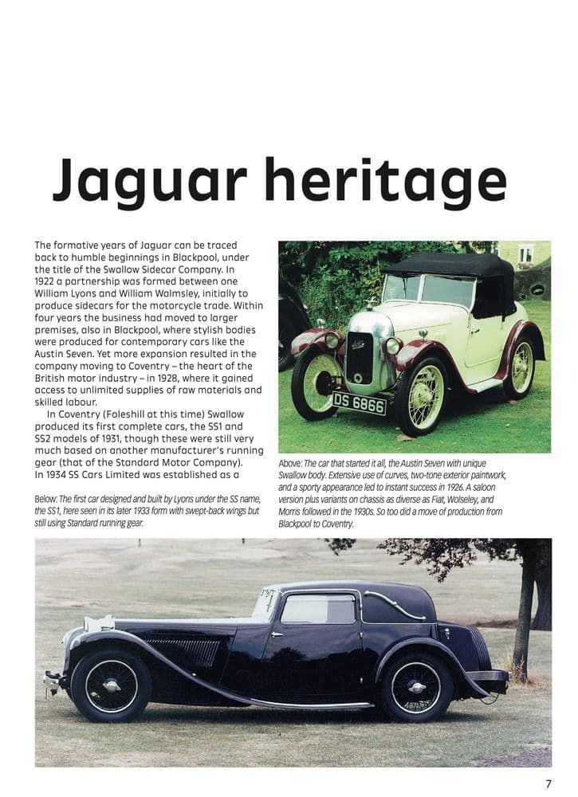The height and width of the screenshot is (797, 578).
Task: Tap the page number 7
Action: tap(549, 784)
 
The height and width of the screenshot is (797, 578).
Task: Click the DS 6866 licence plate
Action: tap(359, 403)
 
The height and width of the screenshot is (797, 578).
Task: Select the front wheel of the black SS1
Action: tap(111, 685)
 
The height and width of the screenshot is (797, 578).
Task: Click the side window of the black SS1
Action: tap(318, 610)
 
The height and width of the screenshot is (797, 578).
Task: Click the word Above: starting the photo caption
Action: tap(290, 464)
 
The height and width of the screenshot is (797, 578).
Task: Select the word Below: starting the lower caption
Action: tap(47, 499)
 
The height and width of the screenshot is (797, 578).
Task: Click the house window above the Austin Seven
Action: tap(525, 254)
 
